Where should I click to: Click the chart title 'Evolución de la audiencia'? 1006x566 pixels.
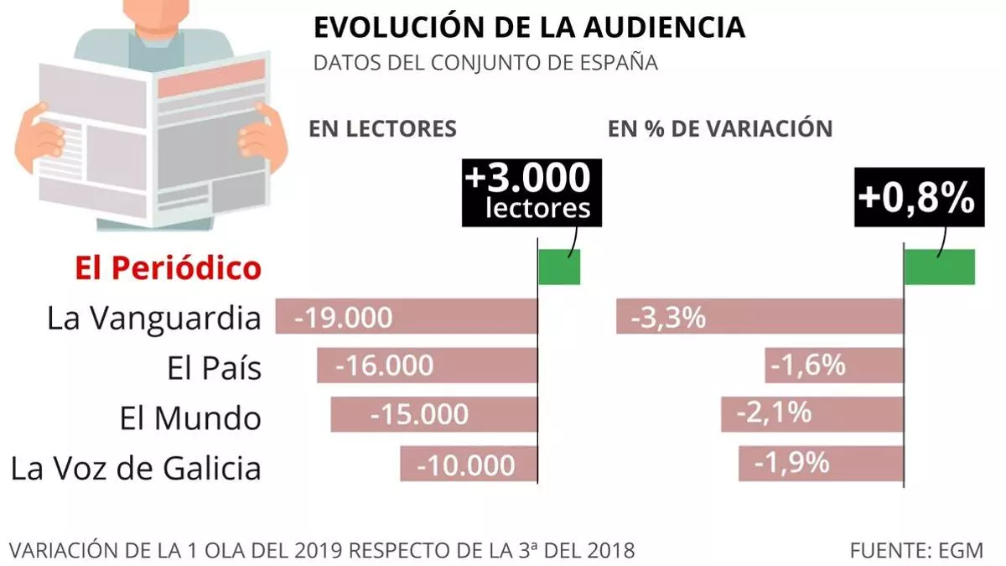(x=529, y=27)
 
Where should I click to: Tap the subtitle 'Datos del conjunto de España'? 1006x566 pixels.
(x=485, y=63)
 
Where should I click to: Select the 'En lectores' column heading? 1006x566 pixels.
(x=382, y=128)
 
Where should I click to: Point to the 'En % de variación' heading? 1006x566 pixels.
(x=720, y=128)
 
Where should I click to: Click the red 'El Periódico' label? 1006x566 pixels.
(x=168, y=268)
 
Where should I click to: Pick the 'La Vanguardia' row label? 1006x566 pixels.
(x=153, y=318)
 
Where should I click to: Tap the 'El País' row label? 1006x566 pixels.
(x=210, y=368)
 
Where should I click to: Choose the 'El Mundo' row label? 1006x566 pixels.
(x=190, y=418)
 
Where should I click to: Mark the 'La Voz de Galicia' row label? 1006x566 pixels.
(x=136, y=467)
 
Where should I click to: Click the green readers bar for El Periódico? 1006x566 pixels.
(x=559, y=267)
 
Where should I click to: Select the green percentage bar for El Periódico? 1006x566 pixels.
(x=940, y=267)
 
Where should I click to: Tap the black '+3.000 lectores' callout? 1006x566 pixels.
(x=532, y=192)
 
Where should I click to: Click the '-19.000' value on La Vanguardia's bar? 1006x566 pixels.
(x=344, y=318)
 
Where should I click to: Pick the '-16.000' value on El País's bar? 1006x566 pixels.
(x=384, y=366)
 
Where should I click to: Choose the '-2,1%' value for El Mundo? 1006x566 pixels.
(x=773, y=413)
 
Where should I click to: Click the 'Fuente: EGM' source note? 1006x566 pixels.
(x=916, y=550)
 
